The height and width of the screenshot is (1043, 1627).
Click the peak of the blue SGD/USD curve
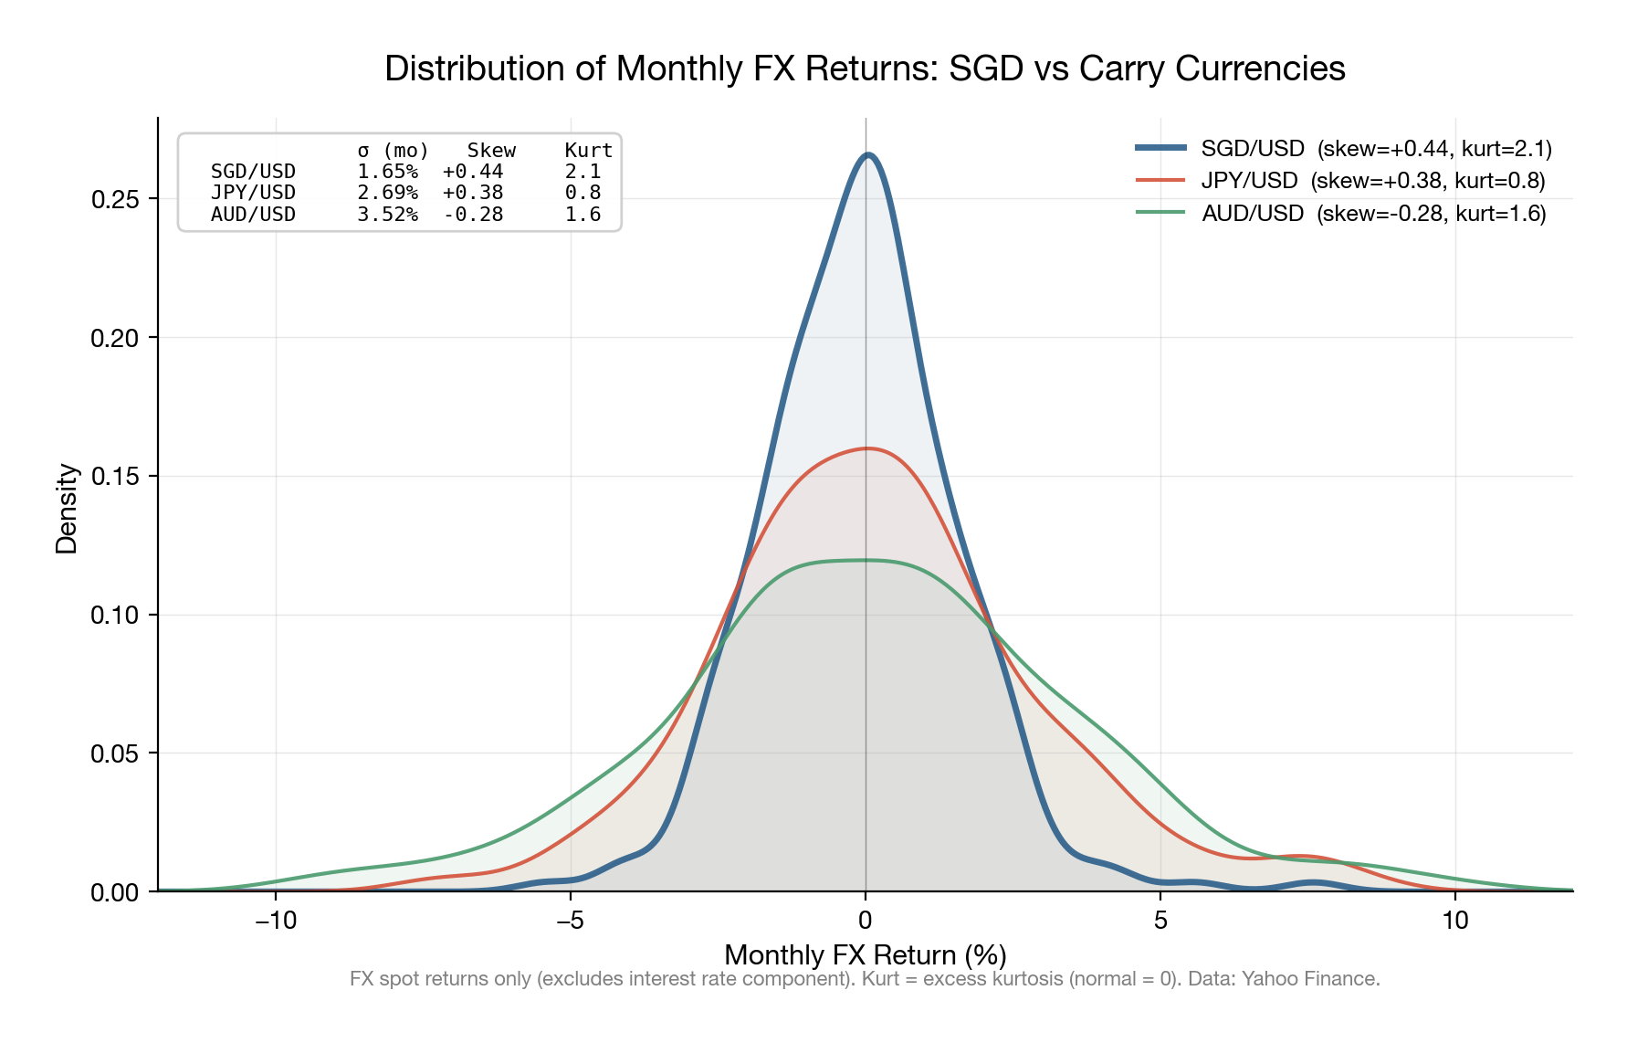tap(867, 155)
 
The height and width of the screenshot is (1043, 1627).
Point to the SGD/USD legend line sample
tap(1160, 148)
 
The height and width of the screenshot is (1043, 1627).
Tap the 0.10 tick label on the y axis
tap(115, 616)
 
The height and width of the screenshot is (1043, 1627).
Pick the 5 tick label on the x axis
tap(1160, 921)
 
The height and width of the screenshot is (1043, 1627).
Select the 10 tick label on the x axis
tap(1455, 921)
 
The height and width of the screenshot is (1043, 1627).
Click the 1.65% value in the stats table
tap(387, 172)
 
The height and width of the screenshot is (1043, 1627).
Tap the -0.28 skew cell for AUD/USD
tap(473, 215)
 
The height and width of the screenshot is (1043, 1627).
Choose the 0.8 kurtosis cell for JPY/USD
tap(583, 193)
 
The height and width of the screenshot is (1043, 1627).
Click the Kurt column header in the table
tap(588, 151)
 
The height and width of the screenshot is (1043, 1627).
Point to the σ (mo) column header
tap(393, 151)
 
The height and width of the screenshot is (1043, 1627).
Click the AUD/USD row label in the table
tap(253, 215)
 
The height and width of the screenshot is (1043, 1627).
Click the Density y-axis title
tap(67, 509)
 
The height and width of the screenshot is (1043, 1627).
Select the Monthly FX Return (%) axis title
tap(865, 955)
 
